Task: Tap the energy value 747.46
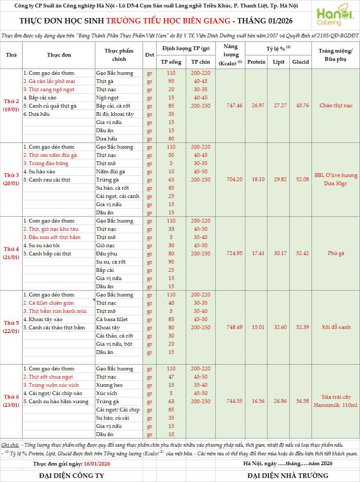click(234, 106)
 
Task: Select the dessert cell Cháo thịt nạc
click(336, 106)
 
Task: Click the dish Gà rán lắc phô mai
click(49, 81)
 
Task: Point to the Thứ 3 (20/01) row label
click(12, 179)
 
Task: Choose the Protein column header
click(256, 62)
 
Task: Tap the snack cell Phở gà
click(336, 253)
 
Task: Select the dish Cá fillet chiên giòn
click(48, 303)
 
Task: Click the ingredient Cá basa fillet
click(112, 319)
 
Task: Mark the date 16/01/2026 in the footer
click(97, 464)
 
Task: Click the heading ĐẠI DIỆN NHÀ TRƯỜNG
click(288, 475)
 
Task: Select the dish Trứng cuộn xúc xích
click(51, 385)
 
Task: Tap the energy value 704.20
click(234, 179)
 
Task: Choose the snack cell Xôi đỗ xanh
click(336, 327)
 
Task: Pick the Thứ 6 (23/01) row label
click(12, 401)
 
